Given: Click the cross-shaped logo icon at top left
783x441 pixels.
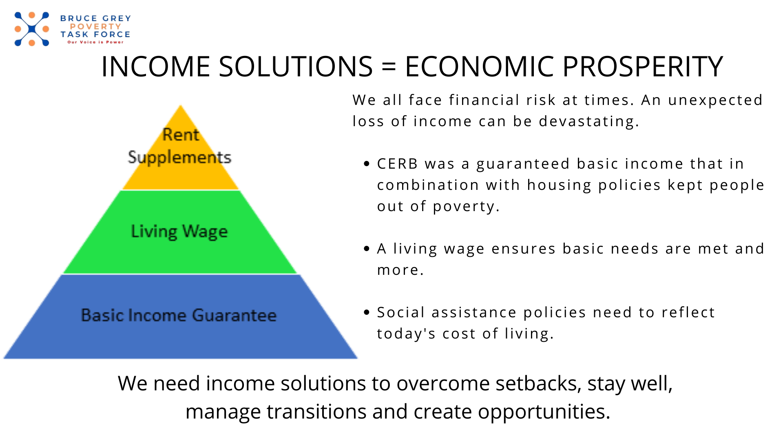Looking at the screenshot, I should pos(32,29).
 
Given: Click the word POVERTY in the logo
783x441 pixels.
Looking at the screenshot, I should pos(95,27).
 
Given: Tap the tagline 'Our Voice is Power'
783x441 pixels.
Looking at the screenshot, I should pos(95,42).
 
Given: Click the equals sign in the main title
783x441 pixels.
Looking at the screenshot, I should pos(389,67).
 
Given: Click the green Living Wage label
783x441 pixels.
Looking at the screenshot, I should pos(179,232).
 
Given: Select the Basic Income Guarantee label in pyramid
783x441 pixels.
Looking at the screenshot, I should pos(179,315).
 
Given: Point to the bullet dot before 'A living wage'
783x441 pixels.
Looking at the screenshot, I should pos(367,249).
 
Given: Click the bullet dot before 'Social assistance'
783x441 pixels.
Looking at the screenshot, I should pos(367,312).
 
